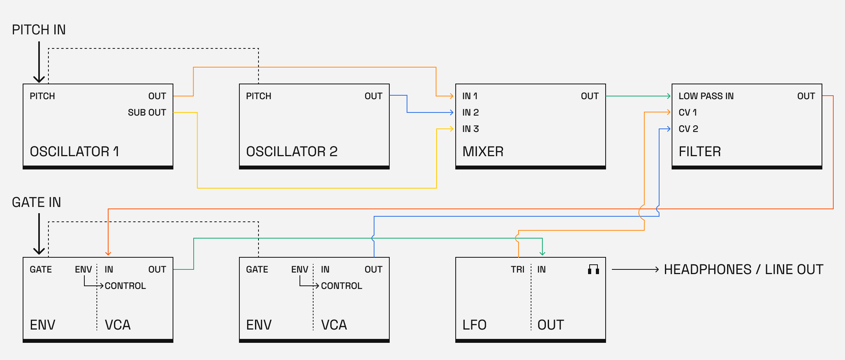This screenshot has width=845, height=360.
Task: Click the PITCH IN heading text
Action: (x=39, y=30)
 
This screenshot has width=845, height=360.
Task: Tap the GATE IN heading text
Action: (x=36, y=202)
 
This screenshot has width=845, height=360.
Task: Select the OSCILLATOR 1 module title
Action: (x=74, y=151)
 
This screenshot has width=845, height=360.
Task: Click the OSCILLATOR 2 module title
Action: (x=292, y=151)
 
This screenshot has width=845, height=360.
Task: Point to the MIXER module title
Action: (x=483, y=151)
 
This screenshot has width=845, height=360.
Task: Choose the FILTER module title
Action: (x=700, y=151)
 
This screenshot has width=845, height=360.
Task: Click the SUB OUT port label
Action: (x=147, y=112)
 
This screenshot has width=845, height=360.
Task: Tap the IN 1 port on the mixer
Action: (x=470, y=96)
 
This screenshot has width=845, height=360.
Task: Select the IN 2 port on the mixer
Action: (x=471, y=112)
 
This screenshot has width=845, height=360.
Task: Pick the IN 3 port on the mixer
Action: (x=471, y=129)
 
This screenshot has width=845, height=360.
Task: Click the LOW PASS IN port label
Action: (x=706, y=96)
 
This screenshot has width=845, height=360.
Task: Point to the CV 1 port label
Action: (x=688, y=112)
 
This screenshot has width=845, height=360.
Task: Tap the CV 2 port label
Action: (x=688, y=129)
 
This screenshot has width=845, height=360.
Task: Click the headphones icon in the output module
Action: (x=594, y=269)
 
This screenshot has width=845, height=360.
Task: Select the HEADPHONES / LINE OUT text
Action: (x=743, y=269)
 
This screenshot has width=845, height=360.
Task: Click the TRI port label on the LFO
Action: (x=517, y=269)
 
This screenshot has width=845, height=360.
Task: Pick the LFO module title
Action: (x=474, y=325)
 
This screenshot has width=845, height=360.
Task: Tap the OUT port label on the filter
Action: (x=806, y=96)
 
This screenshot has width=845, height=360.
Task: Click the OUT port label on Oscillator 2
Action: (x=373, y=96)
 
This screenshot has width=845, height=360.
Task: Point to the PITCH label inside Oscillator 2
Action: (x=258, y=96)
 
